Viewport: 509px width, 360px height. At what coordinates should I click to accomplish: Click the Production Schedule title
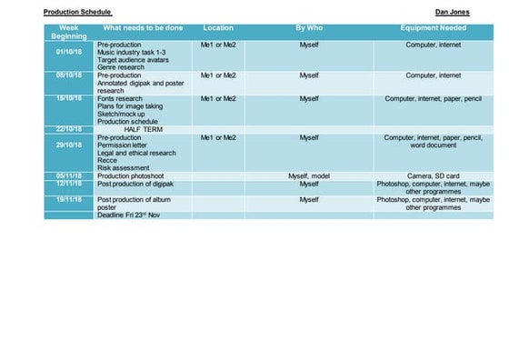[x=77, y=13]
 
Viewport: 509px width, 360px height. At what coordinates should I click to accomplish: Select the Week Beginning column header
[x=69, y=32]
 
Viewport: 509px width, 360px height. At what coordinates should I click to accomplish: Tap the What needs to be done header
[x=143, y=28]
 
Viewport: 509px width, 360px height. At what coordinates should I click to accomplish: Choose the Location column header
[x=218, y=28]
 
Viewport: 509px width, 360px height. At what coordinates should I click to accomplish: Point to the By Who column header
[x=309, y=28]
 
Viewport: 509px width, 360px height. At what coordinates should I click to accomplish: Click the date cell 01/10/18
[x=69, y=51]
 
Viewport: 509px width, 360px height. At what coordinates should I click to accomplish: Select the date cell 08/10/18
[x=69, y=75]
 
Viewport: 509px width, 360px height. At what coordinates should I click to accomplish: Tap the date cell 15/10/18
[x=69, y=98]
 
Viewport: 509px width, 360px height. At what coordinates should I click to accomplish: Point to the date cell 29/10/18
[x=69, y=145]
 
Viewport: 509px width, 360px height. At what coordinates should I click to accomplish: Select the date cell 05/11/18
[x=69, y=175]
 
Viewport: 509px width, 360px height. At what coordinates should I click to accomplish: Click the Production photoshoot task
[x=137, y=175]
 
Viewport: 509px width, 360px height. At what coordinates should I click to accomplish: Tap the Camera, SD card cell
[x=434, y=175]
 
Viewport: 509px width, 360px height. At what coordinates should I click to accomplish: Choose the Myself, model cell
[x=309, y=175]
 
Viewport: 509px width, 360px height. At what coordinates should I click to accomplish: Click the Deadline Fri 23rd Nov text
[x=135, y=215]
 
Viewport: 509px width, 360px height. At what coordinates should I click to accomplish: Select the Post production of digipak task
[x=141, y=184]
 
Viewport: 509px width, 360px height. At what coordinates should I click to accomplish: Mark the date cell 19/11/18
[x=69, y=199]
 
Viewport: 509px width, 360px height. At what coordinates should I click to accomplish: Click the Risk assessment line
[x=124, y=168]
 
